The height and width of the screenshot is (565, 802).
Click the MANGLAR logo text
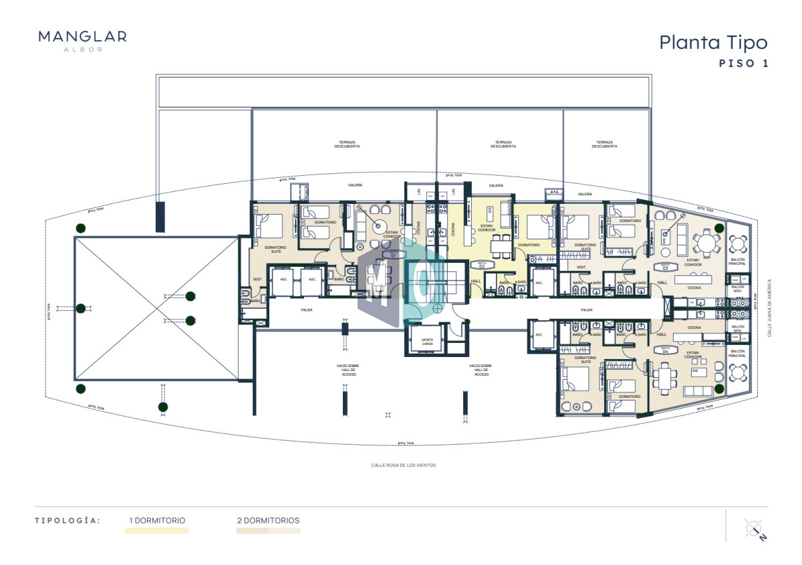tap(83, 37)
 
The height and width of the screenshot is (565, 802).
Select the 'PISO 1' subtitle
tap(743, 64)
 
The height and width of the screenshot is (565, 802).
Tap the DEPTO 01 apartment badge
tap(393, 254)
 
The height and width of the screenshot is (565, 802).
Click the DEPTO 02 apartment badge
tap(481, 265)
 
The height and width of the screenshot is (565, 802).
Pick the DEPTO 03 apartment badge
tap(665, 266)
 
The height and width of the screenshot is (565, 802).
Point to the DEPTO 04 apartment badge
tap(665, 350)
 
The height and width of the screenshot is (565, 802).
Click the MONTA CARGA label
tap(427, 342)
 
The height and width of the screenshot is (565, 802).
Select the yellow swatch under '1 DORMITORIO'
tap(156, 531)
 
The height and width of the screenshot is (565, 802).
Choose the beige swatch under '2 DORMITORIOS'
tap(268, 531)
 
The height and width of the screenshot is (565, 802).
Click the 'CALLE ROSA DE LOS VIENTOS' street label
tap(403, 465)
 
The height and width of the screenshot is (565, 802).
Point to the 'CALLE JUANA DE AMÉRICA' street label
tap(769, 307)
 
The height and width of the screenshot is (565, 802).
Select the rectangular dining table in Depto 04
tap(666, 380)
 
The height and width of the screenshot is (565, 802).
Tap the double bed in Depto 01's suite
tap(269, 226)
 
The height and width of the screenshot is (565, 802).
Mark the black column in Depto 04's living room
tap(719, 388)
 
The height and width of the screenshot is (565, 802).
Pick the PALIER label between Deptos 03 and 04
tap(587, 310)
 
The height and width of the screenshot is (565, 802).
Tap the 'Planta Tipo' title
tap(713, 42)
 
